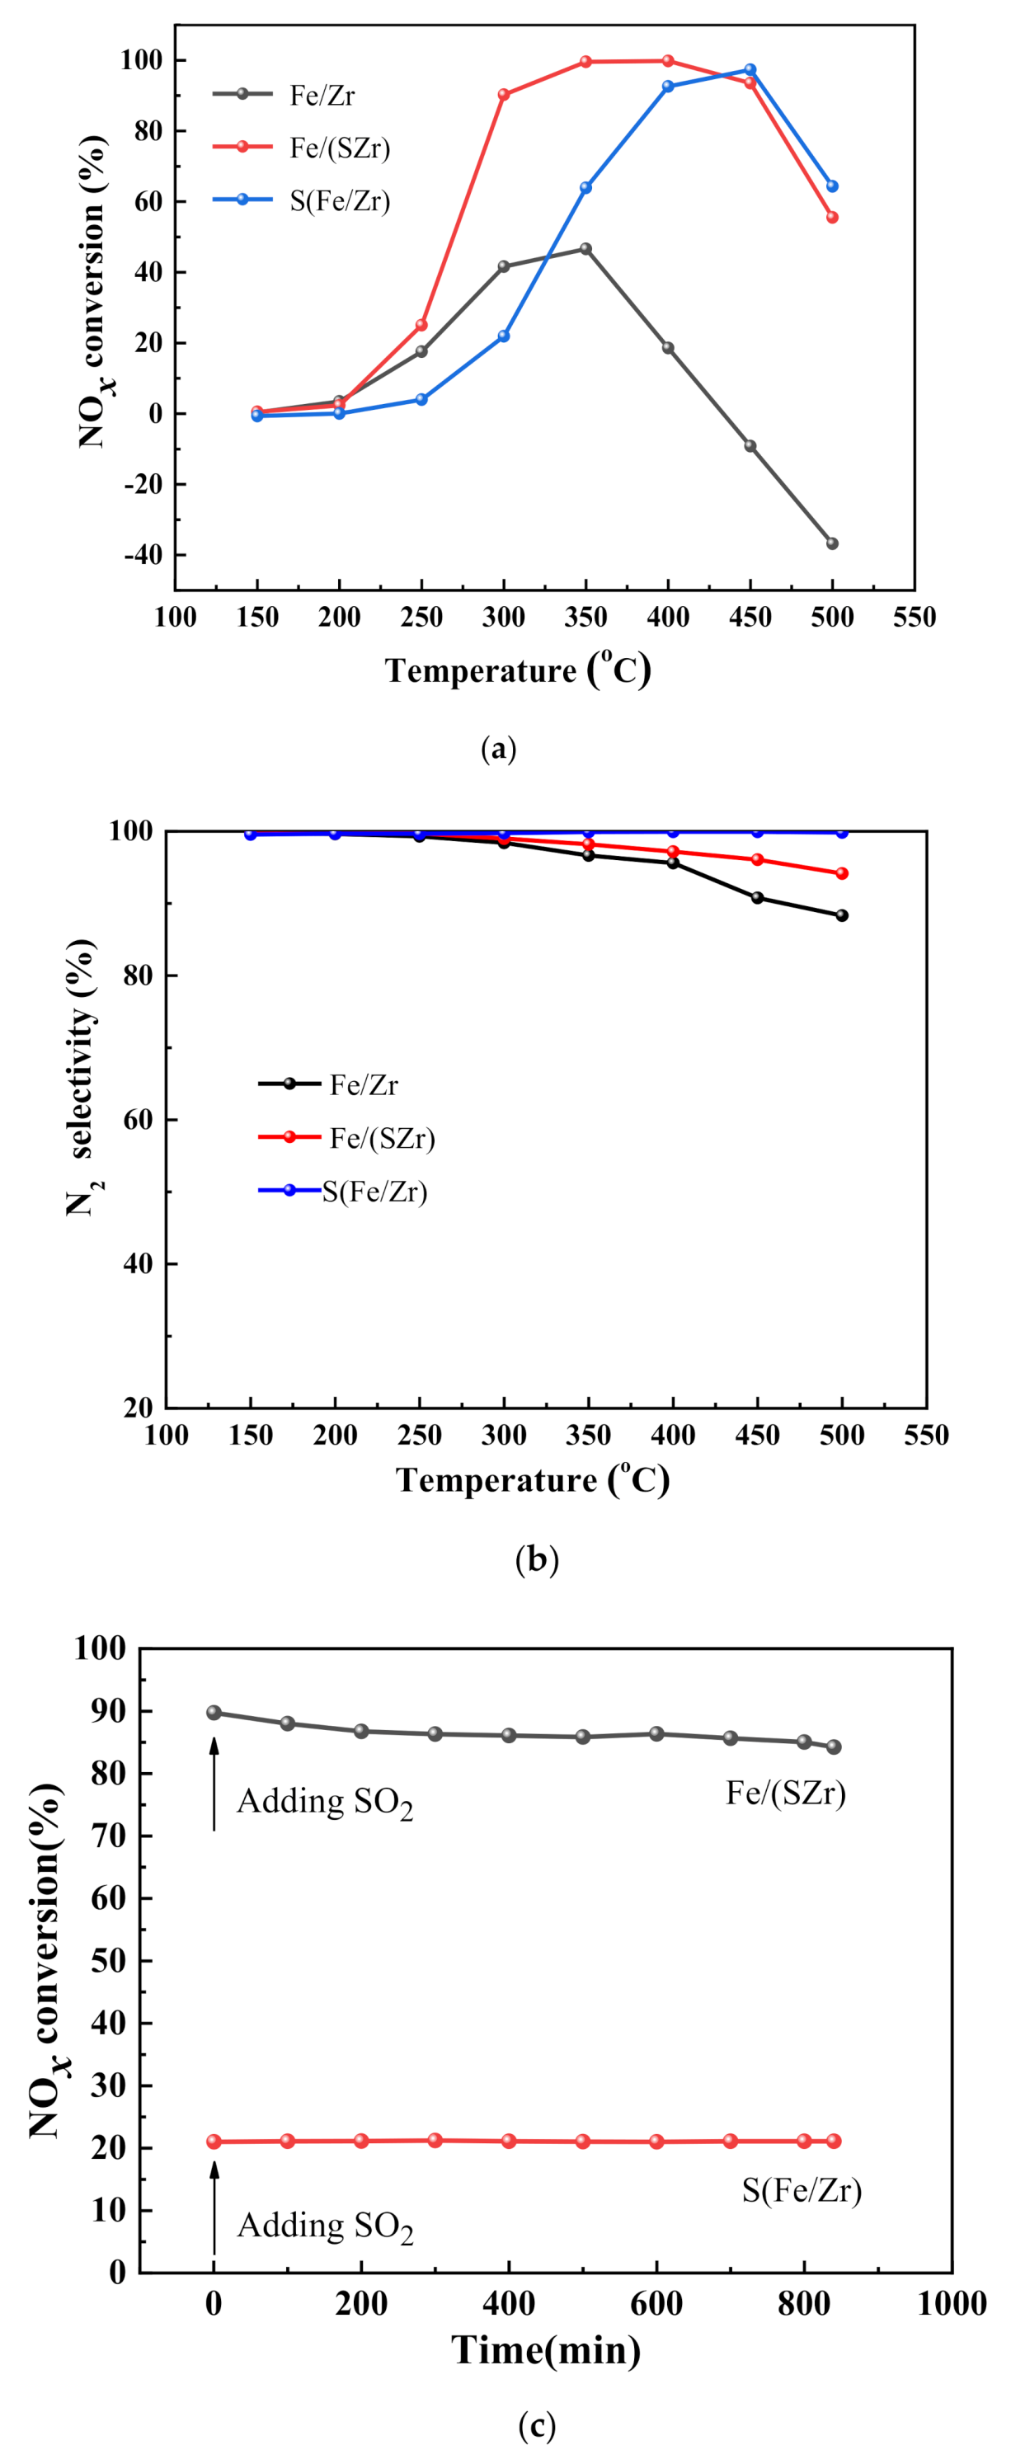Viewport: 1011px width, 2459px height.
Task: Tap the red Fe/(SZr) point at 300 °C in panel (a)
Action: coord(503,95)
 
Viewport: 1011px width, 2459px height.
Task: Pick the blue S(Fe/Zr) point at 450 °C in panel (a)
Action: coord(750,70)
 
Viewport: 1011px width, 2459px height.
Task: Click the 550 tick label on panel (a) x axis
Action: coord(914,618)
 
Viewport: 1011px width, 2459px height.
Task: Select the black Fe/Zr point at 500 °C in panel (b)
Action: coord(841,915)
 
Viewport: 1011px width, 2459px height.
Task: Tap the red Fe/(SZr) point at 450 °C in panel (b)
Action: coord(757,859)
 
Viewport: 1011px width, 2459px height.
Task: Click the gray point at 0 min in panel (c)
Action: coord(214,1713)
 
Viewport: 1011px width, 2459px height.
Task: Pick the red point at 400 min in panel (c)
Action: coord(509,2142)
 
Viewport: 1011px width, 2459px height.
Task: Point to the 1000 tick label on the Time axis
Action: coord(951,2303)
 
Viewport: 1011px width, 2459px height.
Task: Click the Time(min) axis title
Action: coord(545,2349)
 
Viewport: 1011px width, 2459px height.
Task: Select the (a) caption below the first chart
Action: coord(499,750)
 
